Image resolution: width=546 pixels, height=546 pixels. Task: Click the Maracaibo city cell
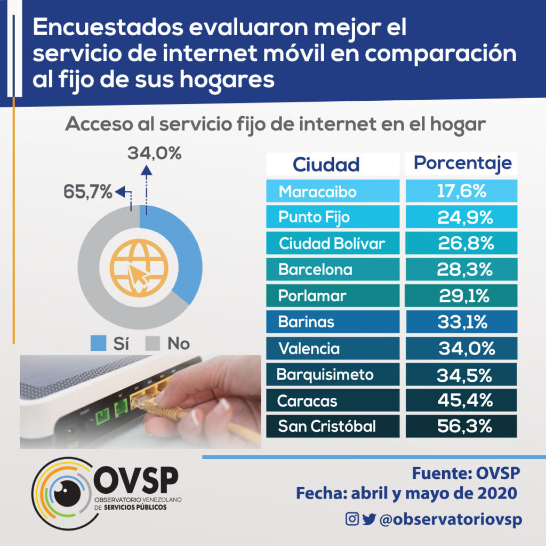click(332, 191)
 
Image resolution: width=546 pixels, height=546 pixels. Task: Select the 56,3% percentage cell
click(462, 427)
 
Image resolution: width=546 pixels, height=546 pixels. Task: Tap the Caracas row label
click(332, 400)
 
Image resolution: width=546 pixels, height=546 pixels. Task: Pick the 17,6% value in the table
click(462, 191)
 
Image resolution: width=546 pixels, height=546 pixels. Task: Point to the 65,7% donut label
click(87, 190)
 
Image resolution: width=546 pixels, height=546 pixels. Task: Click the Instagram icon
click(352, 519)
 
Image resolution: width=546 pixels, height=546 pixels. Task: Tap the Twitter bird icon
click(369, 519)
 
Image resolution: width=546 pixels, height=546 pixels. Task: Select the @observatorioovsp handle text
click(451, 519)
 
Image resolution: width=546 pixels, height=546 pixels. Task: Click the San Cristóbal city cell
click(332, 427)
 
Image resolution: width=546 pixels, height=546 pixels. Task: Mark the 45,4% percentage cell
click(462, 400)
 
